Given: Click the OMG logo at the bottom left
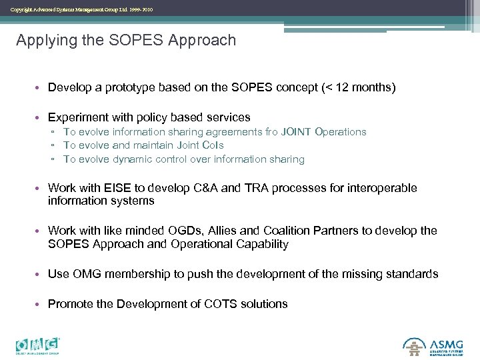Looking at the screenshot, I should [x=38, y=345].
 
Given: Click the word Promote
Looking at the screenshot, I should [x=70, y=304].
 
